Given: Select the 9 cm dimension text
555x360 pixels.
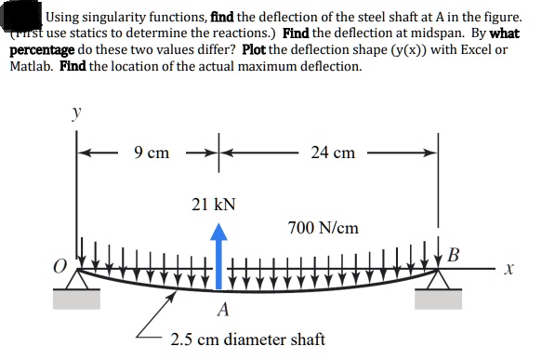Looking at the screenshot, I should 152,152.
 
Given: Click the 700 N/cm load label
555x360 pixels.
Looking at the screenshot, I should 324,227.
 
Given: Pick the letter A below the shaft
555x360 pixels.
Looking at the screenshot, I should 223,309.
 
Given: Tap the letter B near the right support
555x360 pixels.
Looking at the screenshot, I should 454,254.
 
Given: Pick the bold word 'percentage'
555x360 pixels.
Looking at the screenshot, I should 43,50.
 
